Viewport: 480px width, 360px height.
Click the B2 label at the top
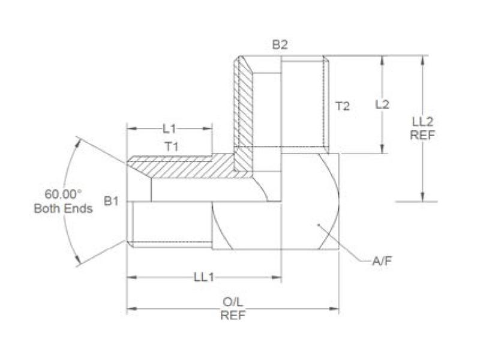(280, 45)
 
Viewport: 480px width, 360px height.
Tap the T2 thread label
(342, 106)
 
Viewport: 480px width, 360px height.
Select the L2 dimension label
(382, 104)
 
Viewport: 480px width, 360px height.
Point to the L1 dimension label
(169, 128)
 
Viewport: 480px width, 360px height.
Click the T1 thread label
(172, 146)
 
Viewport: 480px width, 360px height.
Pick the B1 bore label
(111, 201)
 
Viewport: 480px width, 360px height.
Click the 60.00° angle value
(62, 194)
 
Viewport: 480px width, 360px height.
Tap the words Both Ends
(63, 209)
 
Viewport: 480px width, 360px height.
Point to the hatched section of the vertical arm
(244, 108)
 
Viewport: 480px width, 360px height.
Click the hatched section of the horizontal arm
(192, 166)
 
